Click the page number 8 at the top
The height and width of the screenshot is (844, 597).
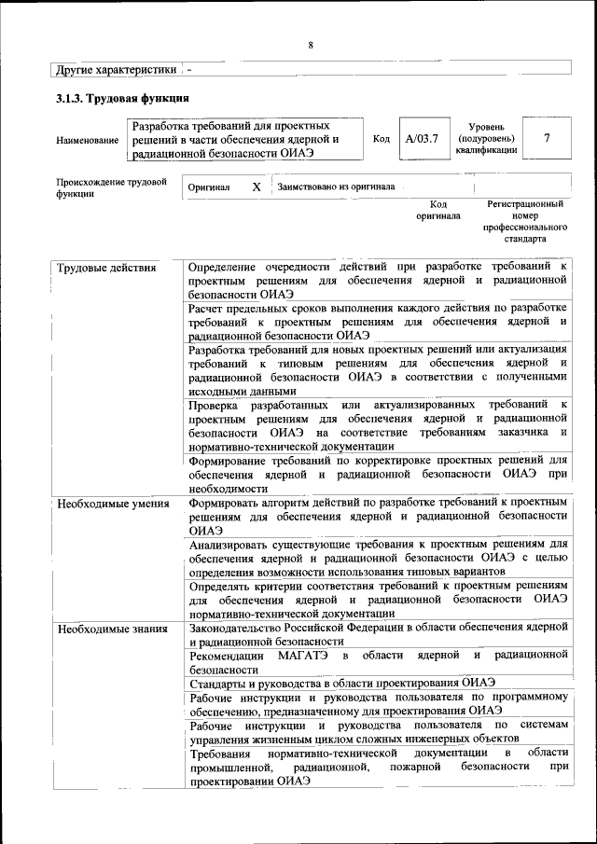(311, 46)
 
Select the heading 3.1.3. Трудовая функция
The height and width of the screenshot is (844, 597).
(122, 98)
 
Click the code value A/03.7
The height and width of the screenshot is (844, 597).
(422, 139)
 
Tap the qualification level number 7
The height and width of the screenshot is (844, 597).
(547, 139)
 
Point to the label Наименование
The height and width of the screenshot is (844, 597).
(87, 140)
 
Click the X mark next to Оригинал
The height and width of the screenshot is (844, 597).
(256, 187)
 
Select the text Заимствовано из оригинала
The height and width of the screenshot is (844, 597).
(336, 187)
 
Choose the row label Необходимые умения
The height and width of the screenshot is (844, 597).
(113, 505)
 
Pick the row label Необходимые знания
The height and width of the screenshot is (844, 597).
(112, 629)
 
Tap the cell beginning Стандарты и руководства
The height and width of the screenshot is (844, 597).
(341, 683)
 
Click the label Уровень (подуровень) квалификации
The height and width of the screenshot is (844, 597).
(486, 137)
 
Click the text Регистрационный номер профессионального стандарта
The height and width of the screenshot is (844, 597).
(525, 221)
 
